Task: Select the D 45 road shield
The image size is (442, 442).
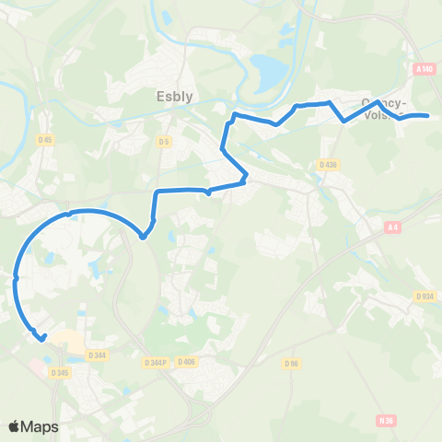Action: tap(45, 140)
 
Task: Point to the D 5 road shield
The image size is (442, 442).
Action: tap(163, 141)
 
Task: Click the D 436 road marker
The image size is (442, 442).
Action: tap(329, 164)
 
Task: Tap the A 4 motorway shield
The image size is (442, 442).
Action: tap(394, 227)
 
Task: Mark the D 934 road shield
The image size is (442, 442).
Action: tap(425, 296)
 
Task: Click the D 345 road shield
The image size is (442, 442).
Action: tap(62, 372)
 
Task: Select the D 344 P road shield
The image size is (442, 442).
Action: tap(156, 362)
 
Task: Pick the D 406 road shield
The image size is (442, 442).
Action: tap(185, 362)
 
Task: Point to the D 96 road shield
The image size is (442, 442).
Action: tap(293, 364)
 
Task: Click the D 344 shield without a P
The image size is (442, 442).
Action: tap(98, 355)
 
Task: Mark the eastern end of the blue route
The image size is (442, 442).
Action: tap(428, 116)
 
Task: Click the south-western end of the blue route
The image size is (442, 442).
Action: tap(43, 338)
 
